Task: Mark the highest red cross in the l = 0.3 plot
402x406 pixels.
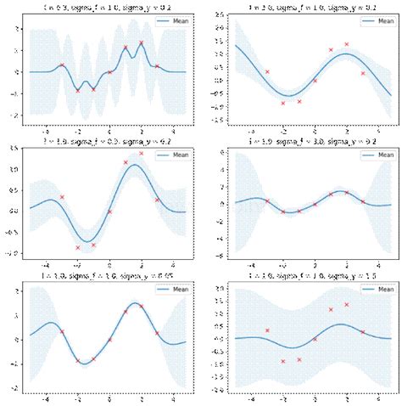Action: tap(142, 42)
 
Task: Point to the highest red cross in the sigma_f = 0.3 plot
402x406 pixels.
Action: tap(142, 154)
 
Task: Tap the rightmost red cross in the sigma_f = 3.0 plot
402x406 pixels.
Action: tap(363, 201)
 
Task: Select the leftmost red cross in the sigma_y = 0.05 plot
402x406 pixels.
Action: tap(62, 331)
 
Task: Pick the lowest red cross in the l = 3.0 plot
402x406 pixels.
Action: tap(283, 103)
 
